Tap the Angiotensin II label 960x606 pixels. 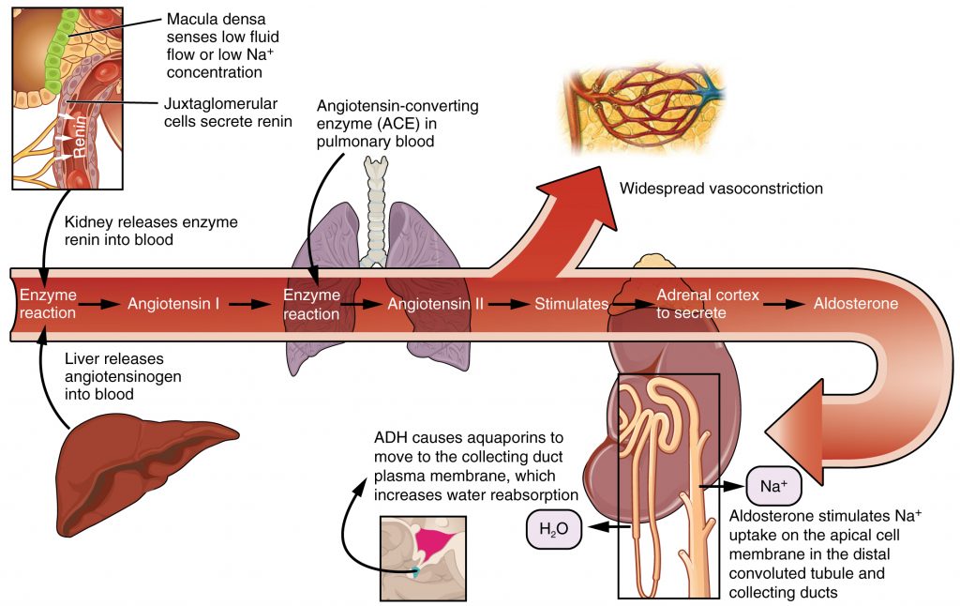point(434,304)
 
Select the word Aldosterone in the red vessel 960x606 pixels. point(855,304)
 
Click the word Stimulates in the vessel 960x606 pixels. point(571,304)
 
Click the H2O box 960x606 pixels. point(553,530)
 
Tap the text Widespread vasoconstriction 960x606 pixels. point(720,189)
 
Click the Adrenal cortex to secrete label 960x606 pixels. point(707,304)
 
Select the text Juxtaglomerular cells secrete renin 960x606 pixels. point(228,112)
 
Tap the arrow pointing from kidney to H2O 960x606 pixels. point(600,529)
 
